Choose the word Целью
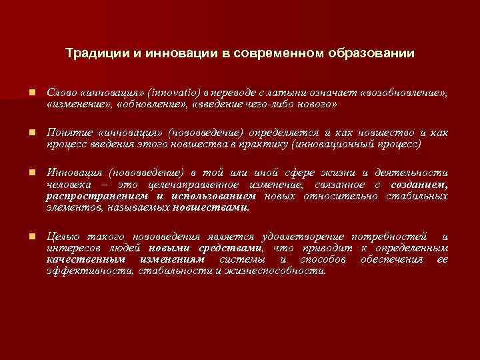pos(61,238)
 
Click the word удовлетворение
pos(304,238)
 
